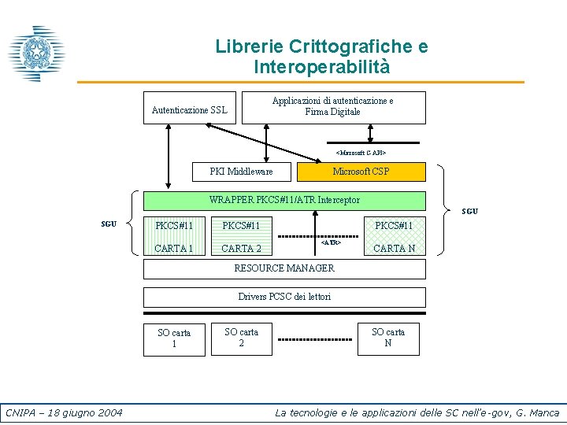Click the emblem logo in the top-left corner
point(35,54)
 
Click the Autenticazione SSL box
point(189,110)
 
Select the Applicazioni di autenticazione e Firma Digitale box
point(333,107)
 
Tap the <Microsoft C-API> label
point(361,152)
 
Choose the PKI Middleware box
point(242,172)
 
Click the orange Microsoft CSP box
point(361,172)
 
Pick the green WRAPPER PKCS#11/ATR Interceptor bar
point(284,201)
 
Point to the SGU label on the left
point(109,224)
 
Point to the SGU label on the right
point(469,212)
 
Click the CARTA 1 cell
point(174,249)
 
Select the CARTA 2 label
point(242,249)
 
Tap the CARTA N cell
point(394,249)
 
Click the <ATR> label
point(331,243)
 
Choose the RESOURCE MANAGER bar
point(284,268)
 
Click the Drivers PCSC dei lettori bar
point(284,297)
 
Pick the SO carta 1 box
point(174,338)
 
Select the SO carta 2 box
point(241,338)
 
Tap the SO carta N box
point(388,338)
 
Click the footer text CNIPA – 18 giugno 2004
point(64,412)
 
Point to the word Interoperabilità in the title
point(321,68)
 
